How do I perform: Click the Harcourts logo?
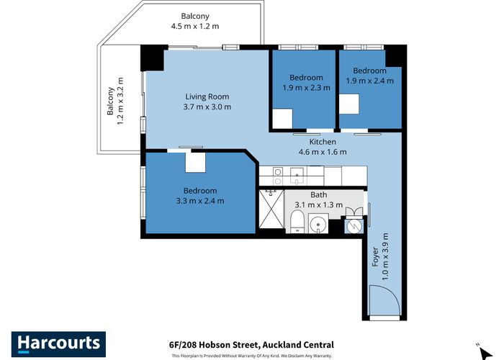(58, 343)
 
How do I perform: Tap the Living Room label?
(207, 97)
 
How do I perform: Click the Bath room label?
(319, 195)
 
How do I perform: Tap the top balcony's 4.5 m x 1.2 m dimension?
(194, 27)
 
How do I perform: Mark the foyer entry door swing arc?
(383, 300)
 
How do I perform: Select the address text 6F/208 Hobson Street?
(251, 345)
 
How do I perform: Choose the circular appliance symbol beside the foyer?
(353, 225)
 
